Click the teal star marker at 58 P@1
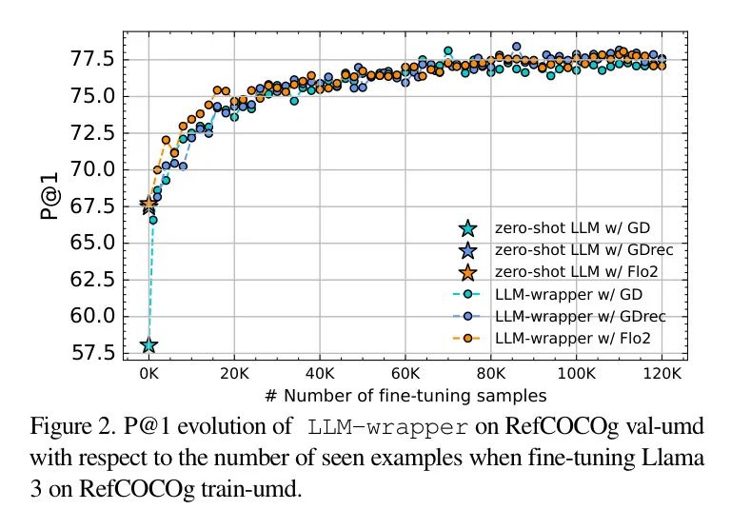pyautogui.click(x=148, y=345)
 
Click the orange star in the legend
pyautogui.click(x=466, y=272)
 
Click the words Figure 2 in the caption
pyautogui.click(x=69, y=423)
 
